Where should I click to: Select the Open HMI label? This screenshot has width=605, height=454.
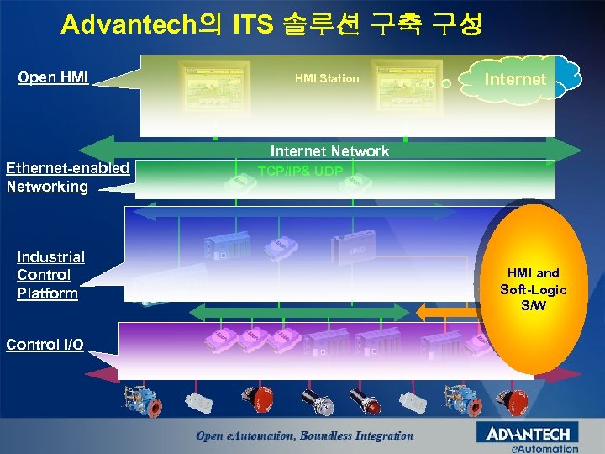click(53, 78)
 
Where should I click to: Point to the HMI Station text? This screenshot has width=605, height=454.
click(327, 78)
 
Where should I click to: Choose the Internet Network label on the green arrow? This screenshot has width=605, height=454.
click(329, 151)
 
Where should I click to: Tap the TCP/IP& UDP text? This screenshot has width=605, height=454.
click(300, 172)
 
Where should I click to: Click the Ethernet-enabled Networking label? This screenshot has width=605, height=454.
click(67, 177)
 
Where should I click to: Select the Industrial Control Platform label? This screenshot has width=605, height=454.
click(50, 275)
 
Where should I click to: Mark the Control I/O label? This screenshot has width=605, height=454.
click(45, 344)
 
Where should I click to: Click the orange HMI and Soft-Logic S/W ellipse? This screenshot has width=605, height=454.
click(534, 288)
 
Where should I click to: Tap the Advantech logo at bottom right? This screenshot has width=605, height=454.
click(528, 434)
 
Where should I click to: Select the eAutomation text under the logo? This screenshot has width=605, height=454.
click(545, 449)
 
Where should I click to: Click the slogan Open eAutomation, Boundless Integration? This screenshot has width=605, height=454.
click(304, 436)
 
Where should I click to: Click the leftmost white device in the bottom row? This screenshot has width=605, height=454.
click(200, 402)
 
